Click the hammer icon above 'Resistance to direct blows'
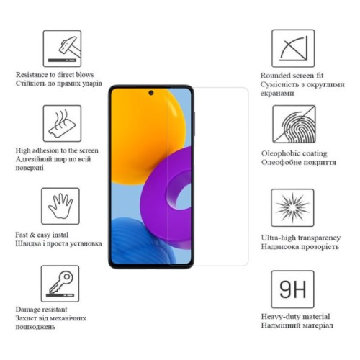coord(61,48)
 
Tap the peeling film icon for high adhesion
coord(61,124)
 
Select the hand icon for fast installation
coord(61,207)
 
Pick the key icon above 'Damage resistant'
coord(61,284)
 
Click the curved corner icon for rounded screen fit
coord(293,48)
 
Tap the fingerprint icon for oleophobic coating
coord(293,124)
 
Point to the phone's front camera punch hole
coord(151,93)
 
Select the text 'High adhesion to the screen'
coord(57,150)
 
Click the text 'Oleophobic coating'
coord(294,153)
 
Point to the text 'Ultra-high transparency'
coord(300,237)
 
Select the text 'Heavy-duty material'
coord(295,316)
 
